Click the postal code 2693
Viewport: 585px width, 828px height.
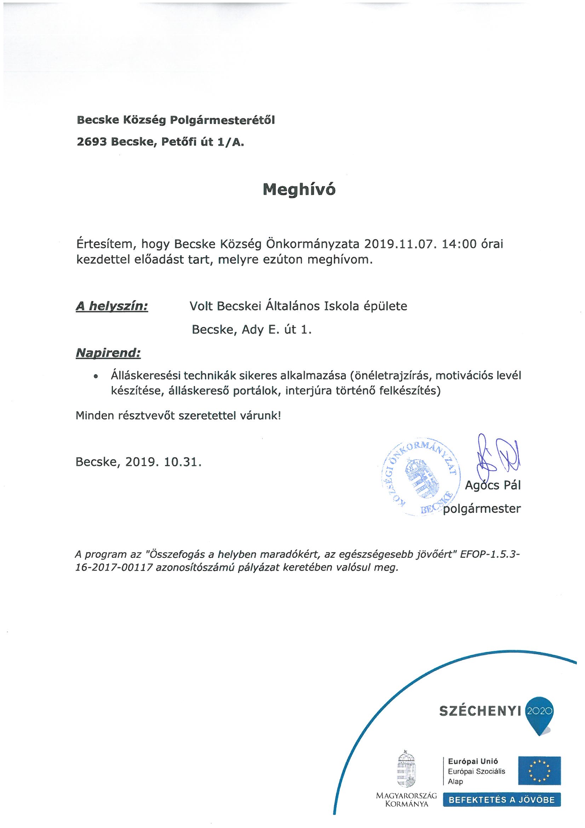92,142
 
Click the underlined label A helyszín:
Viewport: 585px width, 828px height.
112,307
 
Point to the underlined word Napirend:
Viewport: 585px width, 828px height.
108,353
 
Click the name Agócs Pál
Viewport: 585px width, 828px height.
493,486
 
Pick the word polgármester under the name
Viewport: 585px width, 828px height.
482,509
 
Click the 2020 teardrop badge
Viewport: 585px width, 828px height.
540,712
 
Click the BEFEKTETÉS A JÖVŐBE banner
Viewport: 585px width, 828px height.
501,800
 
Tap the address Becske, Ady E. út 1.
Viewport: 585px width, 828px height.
251,330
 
